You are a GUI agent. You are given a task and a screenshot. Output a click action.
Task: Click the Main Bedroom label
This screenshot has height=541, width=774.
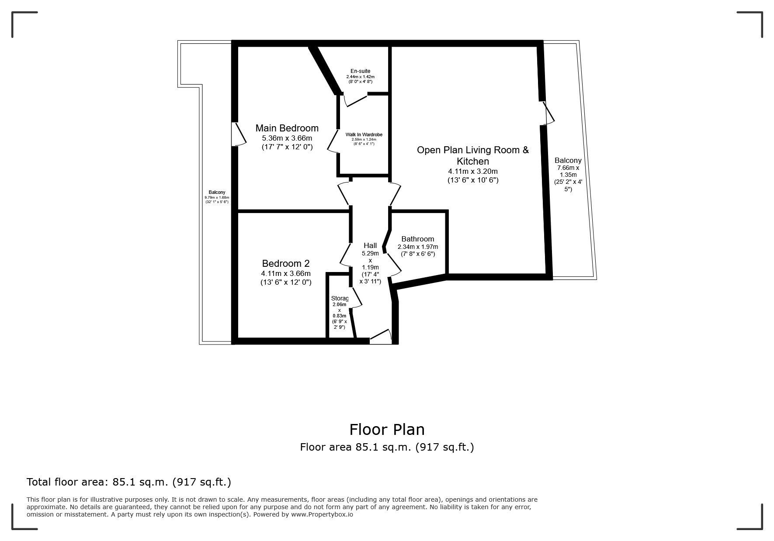[287, 128]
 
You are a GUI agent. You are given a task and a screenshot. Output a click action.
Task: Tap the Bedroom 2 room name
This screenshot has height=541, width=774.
[286, 263]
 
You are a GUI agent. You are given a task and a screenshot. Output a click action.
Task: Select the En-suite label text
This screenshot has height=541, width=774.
[361, 71]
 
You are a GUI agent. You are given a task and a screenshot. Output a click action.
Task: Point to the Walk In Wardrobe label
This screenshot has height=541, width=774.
[364, 134]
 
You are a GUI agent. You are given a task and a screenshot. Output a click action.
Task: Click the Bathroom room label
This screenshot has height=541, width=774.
[418, 239]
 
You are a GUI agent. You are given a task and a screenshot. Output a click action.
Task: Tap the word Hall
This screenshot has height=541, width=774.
[370, 245]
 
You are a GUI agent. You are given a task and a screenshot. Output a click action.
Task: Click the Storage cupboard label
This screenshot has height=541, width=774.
[340, 299]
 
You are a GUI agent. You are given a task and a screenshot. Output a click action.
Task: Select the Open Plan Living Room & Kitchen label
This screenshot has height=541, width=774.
[473, 155]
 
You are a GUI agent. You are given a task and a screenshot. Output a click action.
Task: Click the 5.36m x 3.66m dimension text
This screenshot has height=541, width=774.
[287, 138]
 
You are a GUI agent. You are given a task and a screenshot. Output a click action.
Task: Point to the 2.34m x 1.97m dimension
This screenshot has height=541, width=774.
[418, 247]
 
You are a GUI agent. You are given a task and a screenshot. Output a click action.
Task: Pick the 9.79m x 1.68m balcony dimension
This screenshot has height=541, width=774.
[217, 197]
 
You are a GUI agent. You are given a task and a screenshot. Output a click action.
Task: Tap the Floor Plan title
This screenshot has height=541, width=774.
[387, 430]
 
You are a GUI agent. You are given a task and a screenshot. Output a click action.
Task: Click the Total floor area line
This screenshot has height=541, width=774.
[129, 482]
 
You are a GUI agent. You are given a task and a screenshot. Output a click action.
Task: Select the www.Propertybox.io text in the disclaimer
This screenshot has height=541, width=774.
[322, 514]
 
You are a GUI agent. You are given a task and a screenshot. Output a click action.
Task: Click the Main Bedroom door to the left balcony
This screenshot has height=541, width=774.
[239, 134]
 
